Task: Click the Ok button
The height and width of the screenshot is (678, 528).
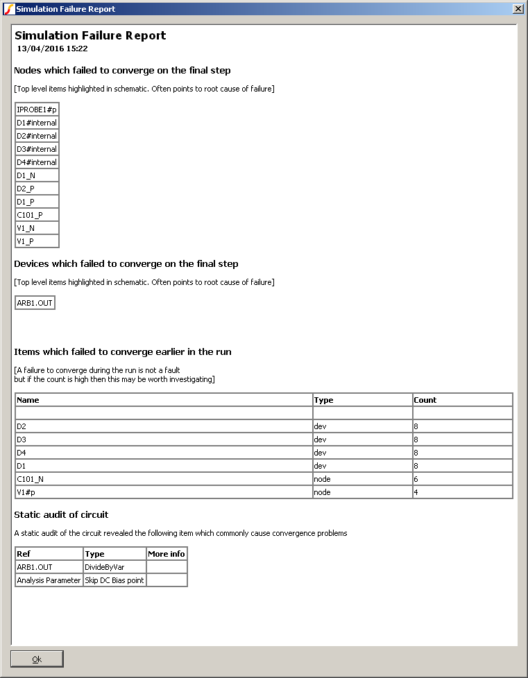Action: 37,659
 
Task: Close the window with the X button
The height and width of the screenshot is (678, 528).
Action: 518,9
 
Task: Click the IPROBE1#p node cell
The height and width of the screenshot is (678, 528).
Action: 37,110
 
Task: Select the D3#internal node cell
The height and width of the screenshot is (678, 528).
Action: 37,149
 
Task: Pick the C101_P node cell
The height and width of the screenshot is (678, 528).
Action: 37,215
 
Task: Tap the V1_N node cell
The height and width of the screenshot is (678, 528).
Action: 37,228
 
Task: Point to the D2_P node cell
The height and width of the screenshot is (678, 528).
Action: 37,189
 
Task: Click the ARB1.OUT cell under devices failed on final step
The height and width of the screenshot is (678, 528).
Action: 35,303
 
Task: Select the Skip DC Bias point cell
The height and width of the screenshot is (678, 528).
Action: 114,580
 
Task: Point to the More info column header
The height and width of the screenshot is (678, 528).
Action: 167,554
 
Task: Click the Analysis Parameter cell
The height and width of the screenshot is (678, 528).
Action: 49,580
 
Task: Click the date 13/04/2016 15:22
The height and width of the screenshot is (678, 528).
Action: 52,49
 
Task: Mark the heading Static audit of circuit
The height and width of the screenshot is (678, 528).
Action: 61,514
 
